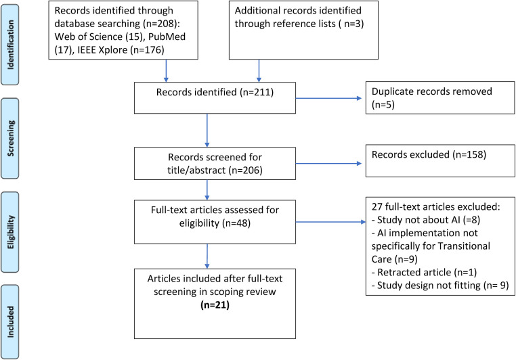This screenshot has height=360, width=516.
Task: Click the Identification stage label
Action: click(10, 45)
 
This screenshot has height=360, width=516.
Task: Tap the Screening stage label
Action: click(10, 139)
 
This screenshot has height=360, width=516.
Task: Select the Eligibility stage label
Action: click(10, 232)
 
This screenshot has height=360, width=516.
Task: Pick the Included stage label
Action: click(10, 322)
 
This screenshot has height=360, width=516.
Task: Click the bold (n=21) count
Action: click(215, 305)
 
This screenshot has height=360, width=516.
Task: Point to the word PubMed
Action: click(167, 37)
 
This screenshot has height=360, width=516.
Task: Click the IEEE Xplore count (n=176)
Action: click(147, 50)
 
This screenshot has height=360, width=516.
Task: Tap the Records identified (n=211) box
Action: click(215, 98)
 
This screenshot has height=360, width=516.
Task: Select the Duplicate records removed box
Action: click(440, 98)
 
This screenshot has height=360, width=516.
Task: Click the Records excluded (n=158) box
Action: click(440, 161)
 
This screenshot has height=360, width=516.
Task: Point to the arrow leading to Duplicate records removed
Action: click(328, 98)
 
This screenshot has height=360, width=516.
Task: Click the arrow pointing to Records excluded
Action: click(328, 163)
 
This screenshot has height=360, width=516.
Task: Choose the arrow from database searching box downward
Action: click(166, 70)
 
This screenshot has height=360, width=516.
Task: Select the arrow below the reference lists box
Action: click(259, 70)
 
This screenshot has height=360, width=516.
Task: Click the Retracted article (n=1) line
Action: click(424, 272)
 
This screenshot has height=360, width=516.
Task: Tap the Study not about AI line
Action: click(426, 220)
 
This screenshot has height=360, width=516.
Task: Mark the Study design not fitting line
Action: click(440, 286)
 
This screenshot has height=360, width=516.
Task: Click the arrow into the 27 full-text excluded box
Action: click(330, 222)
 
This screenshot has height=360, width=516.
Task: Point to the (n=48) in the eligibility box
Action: click(236, 223)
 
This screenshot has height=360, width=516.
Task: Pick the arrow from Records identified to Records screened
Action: click(207, 131)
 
